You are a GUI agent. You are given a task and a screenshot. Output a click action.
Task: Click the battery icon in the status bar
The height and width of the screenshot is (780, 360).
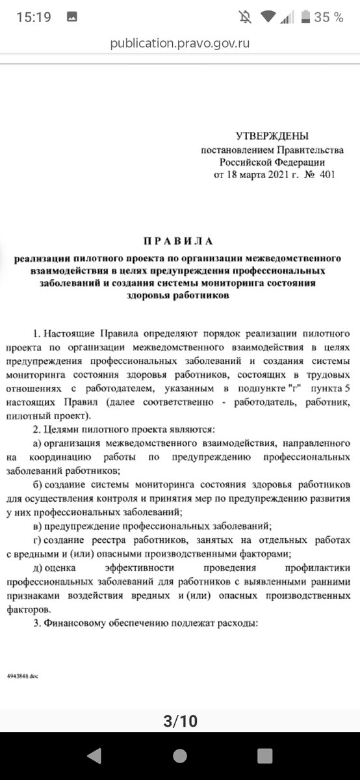(x=303, y=18)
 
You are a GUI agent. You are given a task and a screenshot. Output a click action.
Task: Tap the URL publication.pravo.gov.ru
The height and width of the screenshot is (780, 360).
(x=180, y=43)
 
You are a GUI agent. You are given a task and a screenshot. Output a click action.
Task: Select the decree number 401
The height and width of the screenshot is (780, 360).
(x=326, y=175)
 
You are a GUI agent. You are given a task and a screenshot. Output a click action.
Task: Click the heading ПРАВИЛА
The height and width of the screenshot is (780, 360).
(x=179, y=241)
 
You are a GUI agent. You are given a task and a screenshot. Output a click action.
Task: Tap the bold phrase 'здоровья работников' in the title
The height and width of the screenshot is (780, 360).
(x=179, y=294)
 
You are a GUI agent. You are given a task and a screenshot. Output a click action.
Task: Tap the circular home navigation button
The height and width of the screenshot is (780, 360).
(x=180, y=755)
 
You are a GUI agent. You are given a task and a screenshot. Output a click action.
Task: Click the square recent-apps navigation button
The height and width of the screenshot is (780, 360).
(x=264, y=755)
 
